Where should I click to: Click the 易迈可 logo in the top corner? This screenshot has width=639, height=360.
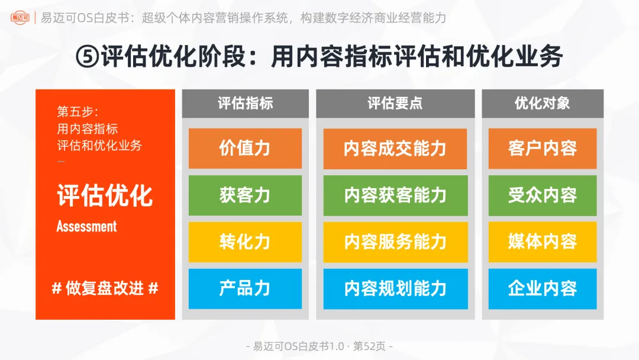click(21, 18)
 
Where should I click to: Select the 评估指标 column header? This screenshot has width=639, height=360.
click(245, 104)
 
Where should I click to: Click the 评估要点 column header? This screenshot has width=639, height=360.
click(395, 104)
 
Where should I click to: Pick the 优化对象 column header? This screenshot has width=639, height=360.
click(542, 104)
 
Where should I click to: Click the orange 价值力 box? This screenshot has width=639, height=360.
click(245, 149)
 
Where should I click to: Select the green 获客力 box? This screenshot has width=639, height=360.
click(245, 195)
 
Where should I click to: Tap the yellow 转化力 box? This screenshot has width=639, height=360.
click(245, 242)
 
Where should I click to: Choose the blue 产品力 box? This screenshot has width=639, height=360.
click(245, 288)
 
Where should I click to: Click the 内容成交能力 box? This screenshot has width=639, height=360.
click(395, 149)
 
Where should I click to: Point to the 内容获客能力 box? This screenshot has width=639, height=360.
click(395, 195)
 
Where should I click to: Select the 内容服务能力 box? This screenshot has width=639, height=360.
click(395, 242)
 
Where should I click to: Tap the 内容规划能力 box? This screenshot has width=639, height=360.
click(395, 288)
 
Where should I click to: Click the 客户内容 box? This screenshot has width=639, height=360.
click(542, 149)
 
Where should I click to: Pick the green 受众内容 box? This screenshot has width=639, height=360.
click(542, 195)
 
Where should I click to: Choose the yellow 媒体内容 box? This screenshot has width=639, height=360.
click(542, 242)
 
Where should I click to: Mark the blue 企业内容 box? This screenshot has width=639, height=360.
click(542, 288)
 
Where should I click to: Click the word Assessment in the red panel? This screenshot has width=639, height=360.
click(86, 226)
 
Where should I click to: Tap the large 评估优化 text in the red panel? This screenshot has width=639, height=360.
click(105, 195)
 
